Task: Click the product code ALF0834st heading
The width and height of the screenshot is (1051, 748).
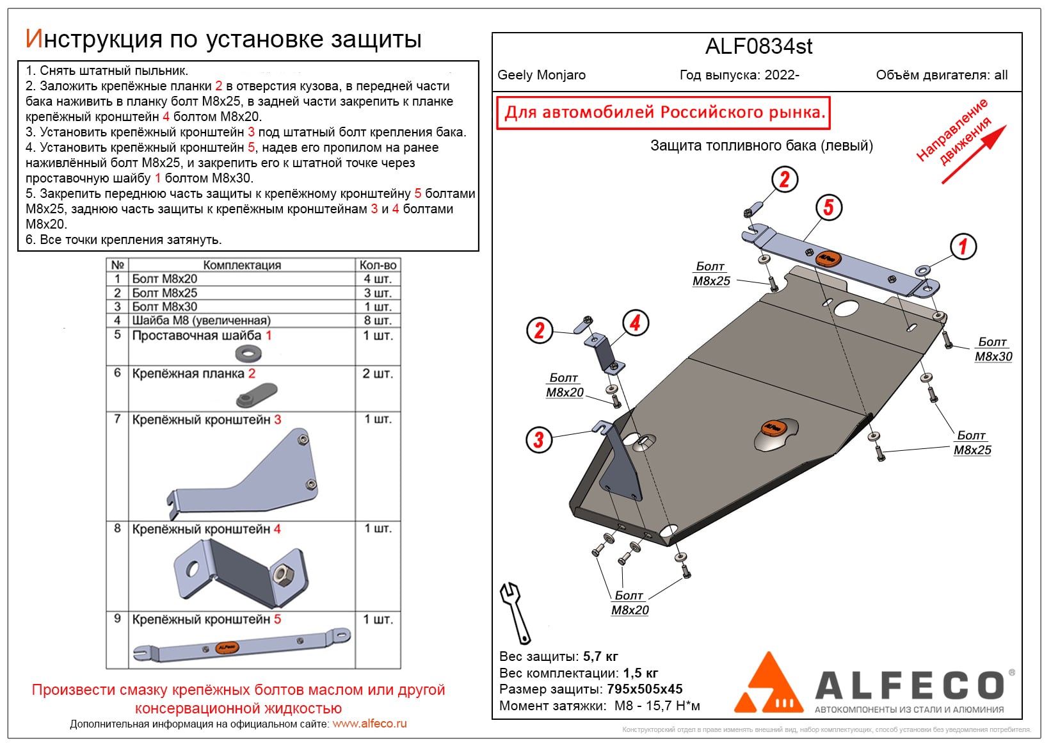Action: tap(758, 47)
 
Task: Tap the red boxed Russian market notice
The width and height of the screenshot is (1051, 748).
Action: tap(663, 113)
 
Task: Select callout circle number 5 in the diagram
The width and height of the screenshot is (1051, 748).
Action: tap(828, 207)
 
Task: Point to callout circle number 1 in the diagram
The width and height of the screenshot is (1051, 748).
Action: tap(963, 247)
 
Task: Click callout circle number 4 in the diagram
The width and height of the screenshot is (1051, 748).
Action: tap(635, 323)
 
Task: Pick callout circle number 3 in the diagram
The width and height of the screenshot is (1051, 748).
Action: tap(538, 440)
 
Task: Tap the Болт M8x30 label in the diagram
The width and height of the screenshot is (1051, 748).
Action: tap(993, 350)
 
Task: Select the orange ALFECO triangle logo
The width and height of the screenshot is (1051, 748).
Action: tap(770, 685)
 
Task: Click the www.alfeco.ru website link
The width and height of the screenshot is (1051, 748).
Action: tap(369, 724)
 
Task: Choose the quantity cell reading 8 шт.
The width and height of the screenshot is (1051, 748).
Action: tap(378, 320)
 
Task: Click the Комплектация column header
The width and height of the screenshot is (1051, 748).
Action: tap(242, 265)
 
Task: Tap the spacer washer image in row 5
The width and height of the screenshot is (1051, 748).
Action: tap(248, 353)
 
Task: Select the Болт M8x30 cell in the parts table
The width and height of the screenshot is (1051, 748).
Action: tap(164, 307)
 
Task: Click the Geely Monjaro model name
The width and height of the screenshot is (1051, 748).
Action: tap(542, 75)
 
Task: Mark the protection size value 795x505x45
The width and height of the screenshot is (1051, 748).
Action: tap(645, 690)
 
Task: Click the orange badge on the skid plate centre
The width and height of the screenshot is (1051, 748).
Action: tap(773, 427)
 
